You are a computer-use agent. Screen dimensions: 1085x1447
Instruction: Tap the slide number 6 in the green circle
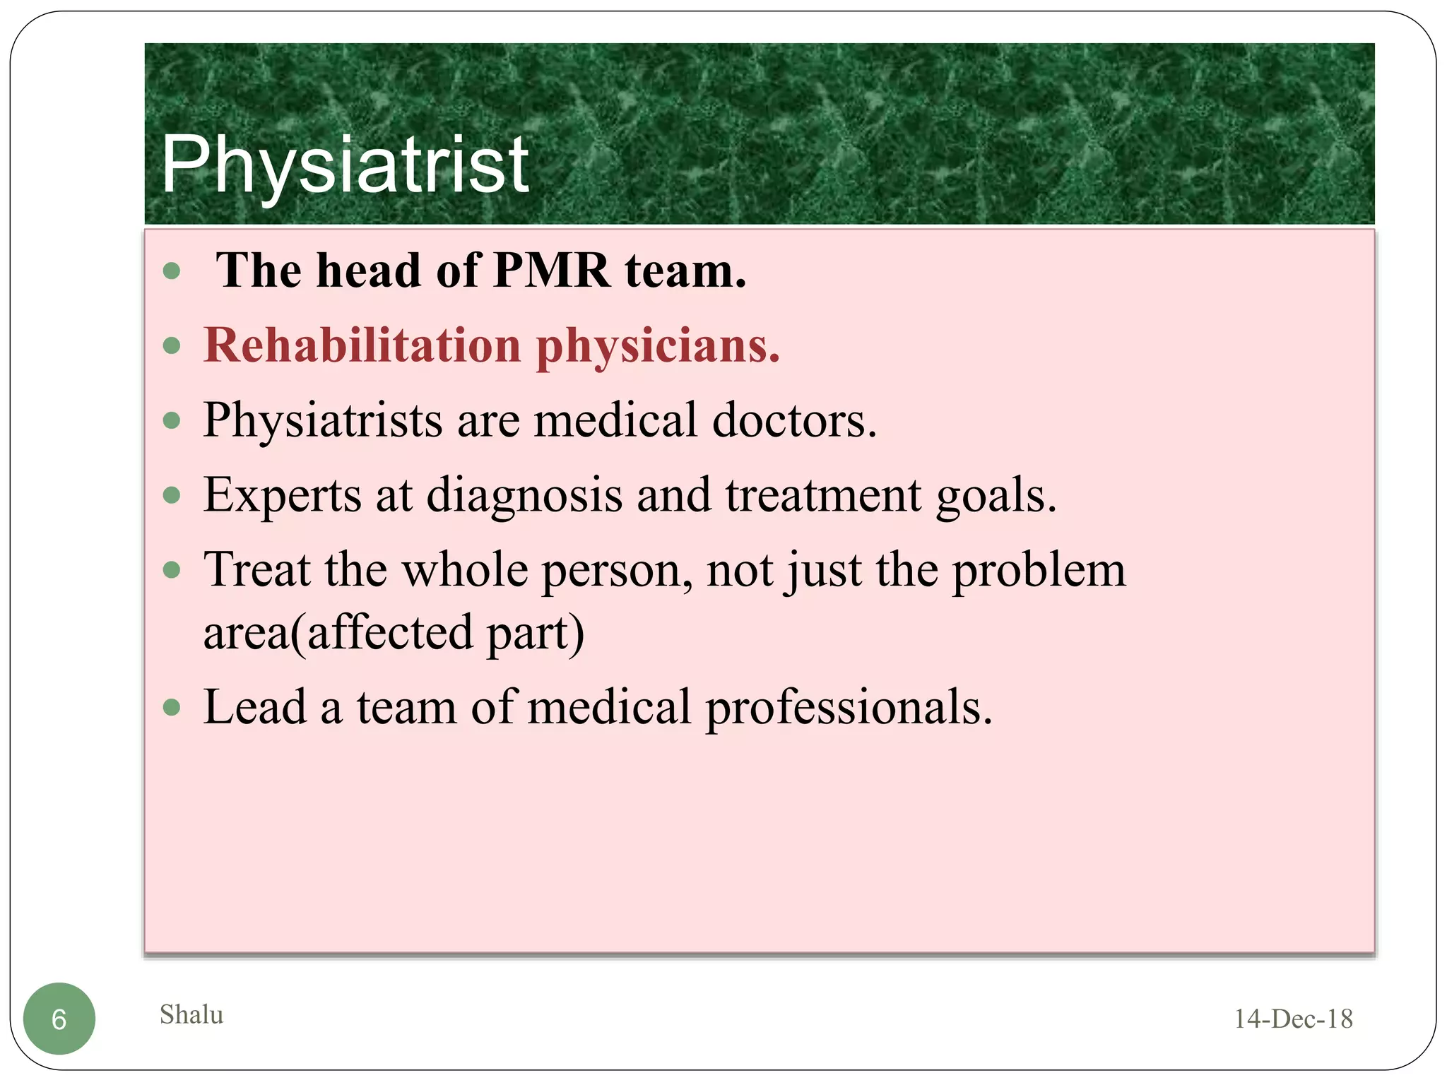(59, 1019)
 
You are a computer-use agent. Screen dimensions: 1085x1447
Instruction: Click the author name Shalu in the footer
(191, 1014)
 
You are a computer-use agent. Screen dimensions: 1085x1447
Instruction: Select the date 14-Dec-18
(1293, 1019)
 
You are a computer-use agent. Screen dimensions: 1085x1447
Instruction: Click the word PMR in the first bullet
(551, 271)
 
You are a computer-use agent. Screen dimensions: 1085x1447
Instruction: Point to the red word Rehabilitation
(362, 345)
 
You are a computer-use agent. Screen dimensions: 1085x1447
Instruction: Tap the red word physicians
(658, 347)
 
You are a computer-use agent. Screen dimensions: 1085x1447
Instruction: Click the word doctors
(794, 420)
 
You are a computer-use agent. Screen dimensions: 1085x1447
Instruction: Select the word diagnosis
(524, 496)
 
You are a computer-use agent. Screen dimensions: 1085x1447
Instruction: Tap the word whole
(464, 569)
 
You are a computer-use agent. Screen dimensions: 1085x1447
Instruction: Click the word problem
(1039, 571)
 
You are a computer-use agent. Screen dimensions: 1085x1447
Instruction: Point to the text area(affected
(338, 632)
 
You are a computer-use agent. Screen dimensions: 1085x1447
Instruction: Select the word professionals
(849, 708)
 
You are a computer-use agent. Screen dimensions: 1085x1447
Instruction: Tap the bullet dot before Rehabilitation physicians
(172, 346)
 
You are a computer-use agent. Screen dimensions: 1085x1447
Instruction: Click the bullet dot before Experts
(172, 495)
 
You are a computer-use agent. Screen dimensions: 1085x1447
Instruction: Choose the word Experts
(283, 495)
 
